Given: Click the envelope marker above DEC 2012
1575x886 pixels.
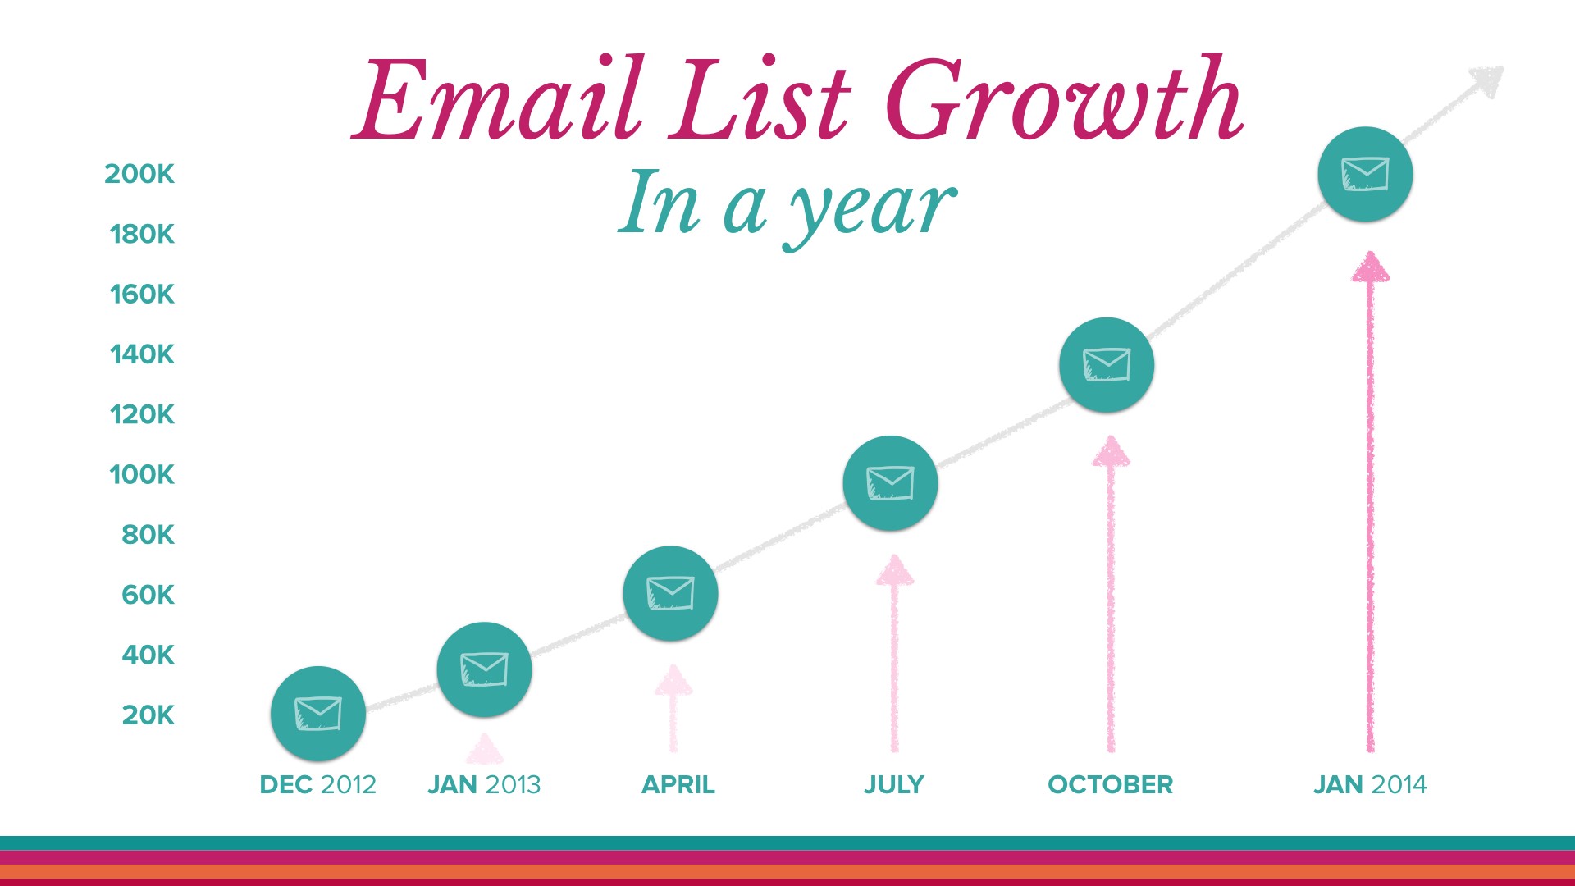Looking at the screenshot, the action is coord(318,714).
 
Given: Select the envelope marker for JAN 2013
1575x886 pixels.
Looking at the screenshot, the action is coord(484,669).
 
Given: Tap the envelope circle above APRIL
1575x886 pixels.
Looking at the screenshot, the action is coord(670,593).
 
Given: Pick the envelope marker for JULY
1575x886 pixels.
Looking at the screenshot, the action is coord(890,483).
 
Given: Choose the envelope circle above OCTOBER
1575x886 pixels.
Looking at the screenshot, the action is coord(1107,365).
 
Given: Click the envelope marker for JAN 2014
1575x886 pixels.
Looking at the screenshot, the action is coord(1365,174).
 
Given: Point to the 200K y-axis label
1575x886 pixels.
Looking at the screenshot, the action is coord(139,174).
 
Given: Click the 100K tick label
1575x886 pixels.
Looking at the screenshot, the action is coord(142,474).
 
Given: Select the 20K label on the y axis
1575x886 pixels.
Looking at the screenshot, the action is coord(148,715).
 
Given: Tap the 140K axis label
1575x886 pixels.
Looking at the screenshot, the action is coord(142,354).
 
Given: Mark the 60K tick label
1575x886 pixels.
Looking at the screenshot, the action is coord(148,595).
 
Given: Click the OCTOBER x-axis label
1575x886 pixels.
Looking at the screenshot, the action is coord(1111,785).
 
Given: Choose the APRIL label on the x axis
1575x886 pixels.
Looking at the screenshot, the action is coord(678,785).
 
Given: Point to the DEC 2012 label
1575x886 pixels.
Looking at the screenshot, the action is coord(318,785).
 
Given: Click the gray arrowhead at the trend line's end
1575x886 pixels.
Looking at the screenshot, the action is coord(1488,80).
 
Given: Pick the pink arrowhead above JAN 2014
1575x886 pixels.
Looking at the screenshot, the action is coord(1370,267).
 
